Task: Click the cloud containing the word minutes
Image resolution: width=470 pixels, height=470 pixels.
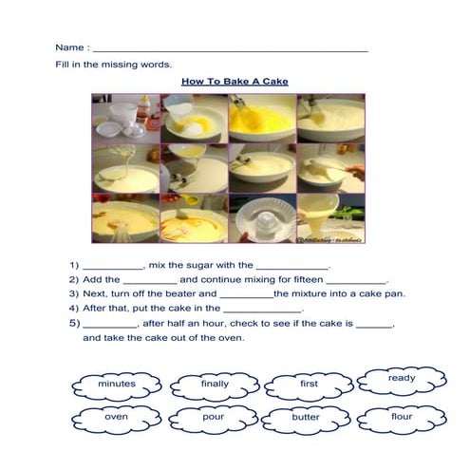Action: pos(116,385)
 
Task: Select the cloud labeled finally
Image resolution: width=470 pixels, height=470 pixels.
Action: pos(214,385)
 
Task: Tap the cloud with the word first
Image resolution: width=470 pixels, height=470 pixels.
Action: pos(309,385)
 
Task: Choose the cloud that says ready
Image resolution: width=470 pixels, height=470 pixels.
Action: pos(401,379)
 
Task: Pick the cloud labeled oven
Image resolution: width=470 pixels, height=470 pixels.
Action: pos(116,417)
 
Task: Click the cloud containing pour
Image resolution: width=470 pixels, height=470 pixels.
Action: pos(214,417)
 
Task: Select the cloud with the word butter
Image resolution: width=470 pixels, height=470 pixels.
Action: pos(305,418)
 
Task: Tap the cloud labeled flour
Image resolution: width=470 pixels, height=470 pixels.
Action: pos(401,417)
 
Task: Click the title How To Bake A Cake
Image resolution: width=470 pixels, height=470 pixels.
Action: pos(235,82)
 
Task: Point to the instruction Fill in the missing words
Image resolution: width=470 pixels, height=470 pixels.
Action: pos(113,65)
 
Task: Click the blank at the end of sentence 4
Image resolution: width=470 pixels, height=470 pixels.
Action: pos(261,310)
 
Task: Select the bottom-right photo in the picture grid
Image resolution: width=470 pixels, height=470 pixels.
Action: pos(330,218)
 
